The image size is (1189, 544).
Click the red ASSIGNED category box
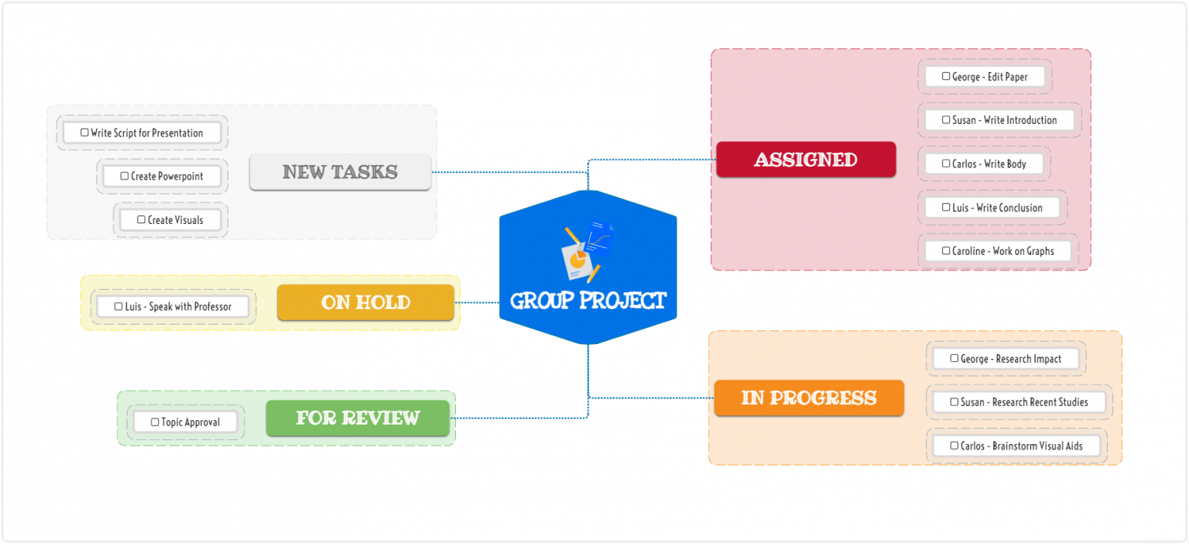[x=805, y=160]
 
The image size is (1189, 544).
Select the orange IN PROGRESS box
[x=808, y=398]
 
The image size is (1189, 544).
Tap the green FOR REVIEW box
[x=357, y=418]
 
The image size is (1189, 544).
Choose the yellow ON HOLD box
[x=365, y=302]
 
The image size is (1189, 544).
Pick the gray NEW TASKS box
[x=339, y=172]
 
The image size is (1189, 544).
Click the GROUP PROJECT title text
[x=588, y=301]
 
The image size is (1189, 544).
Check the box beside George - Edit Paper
[x=946, y=77]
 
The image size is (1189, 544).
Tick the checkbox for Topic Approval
[x=155, y=422]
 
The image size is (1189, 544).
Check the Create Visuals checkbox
[x=141, y=220]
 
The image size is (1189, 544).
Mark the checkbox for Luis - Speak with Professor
[x=118, y=307]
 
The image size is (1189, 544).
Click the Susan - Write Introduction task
[x=999, y=120]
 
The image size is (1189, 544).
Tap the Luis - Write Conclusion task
[x=992, y=208]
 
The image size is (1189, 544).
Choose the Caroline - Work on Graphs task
[x=998, y=251]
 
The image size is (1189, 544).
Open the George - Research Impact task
[x=1006, y=359]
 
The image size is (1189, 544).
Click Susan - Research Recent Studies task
[x=1019, y=402]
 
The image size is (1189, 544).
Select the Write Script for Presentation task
[x=142, y=133]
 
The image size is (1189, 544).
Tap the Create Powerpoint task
[x=162, y=177]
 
